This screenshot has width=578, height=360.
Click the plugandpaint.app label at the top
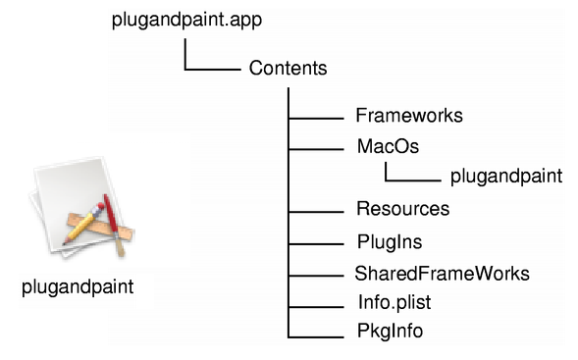point(186,21)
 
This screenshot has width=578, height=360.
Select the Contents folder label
point(288,68)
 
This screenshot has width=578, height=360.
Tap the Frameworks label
point(409,116)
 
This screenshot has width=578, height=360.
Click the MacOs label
point(389,146)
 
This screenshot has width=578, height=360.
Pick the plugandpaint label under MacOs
point(506,177)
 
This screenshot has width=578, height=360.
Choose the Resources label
point(403,209)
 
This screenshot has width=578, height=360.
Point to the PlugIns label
point(390,242)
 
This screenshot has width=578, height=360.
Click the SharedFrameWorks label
point(442,274)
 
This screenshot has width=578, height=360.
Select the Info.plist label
point(394,302)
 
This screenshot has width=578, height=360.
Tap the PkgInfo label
point(390,331)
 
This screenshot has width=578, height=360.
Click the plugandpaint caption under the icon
point(78,287)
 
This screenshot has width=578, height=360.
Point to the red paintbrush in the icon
point(114,225)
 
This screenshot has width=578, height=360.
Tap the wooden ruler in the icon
point(100,227)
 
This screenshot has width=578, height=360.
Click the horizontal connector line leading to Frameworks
point(316,119)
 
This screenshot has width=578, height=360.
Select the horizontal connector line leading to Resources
point(316,212)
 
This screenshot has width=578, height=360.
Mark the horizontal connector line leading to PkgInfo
point(316,336)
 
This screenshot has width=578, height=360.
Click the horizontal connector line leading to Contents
point(213,69)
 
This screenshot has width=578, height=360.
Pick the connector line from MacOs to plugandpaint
point(413,180)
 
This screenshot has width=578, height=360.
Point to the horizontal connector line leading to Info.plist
point(316,307)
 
